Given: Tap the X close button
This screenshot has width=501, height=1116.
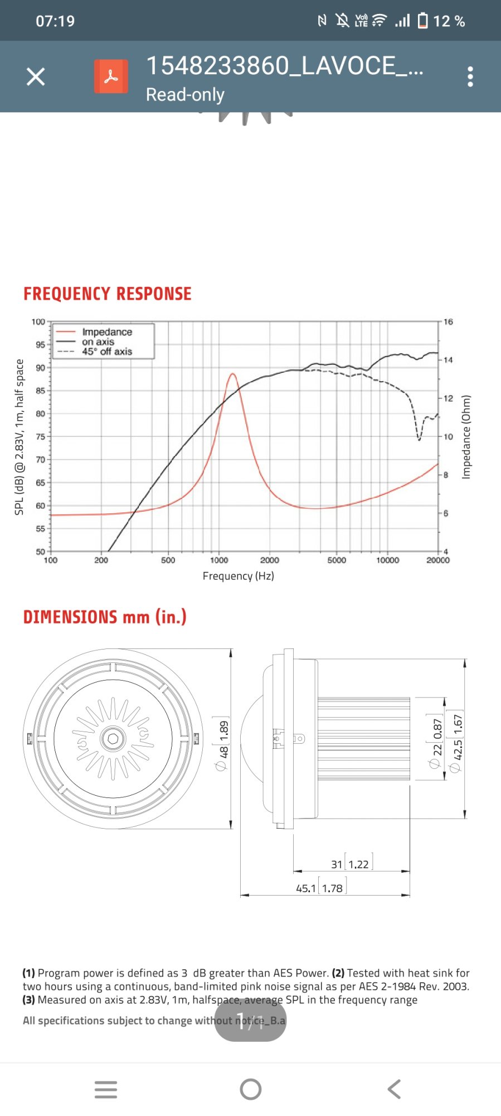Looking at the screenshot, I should [36, 76].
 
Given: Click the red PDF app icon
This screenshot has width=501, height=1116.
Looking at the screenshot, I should [111, 76].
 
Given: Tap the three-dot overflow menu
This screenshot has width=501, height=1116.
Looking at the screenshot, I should [470, 76].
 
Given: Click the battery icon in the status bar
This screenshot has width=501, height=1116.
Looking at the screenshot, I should [423, 21].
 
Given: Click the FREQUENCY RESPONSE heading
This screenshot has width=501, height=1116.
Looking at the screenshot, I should [108, 294].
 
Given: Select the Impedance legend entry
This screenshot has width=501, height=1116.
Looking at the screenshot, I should [106, 332].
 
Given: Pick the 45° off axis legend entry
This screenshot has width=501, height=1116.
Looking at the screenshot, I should [106, 352].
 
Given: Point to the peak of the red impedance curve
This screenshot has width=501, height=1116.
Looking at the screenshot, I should [232, 374].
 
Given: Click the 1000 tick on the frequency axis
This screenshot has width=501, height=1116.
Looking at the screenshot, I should [219, 560].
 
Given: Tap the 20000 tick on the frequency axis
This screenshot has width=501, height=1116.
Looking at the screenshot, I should [438, 560].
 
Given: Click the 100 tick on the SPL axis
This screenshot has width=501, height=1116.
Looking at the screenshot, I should [38, 322].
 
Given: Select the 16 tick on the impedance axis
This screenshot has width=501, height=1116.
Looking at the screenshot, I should [448, 322].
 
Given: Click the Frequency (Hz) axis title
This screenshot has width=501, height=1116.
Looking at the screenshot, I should [238, 576].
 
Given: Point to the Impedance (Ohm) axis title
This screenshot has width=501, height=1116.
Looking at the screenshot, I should [466, 437].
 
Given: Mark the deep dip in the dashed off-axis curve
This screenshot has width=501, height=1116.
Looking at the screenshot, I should [419, 439].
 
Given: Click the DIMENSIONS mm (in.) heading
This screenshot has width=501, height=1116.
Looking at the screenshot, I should [105, 617].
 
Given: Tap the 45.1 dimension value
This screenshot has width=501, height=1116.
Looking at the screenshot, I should [306, 888].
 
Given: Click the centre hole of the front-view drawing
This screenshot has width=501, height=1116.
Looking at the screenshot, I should [113, 739].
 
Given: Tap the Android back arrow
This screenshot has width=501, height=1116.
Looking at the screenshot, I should [394, 1089].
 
